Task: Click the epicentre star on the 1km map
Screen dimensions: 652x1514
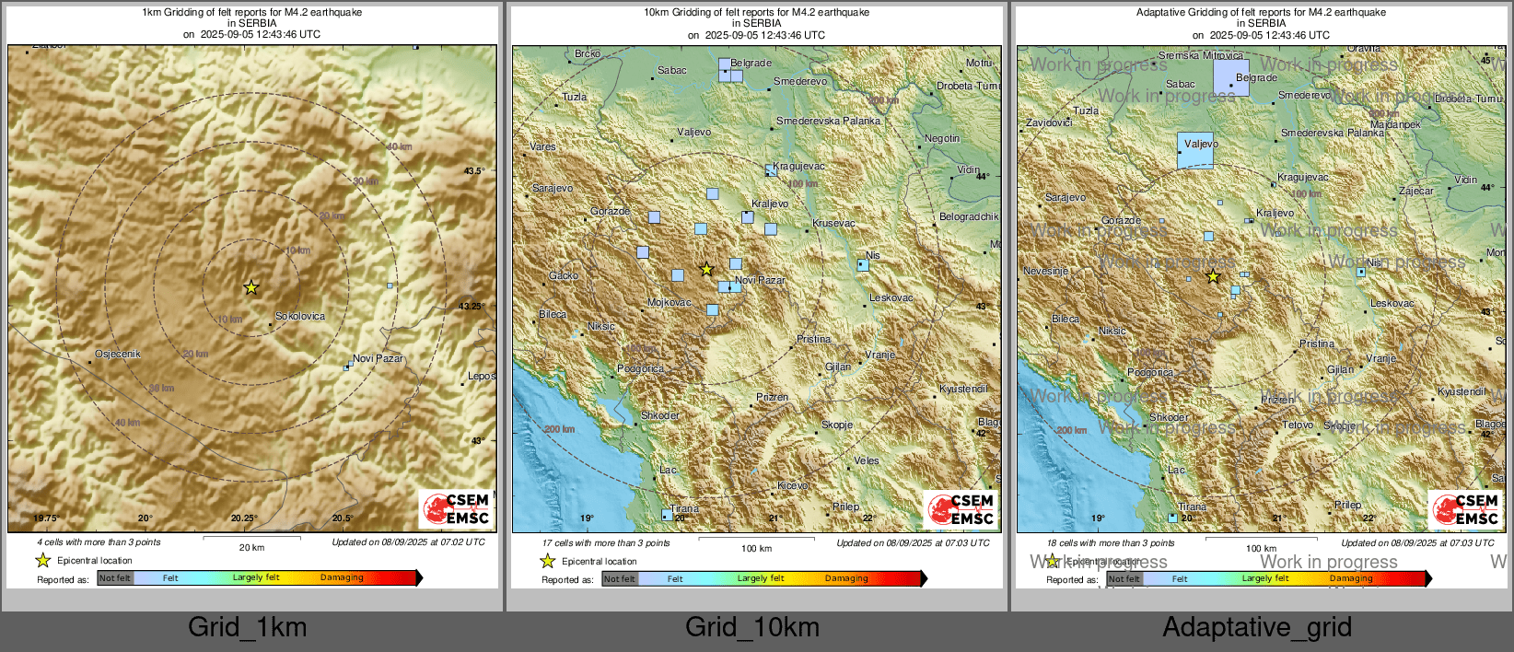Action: coord(250,287)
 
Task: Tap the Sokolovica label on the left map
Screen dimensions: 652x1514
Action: coord(300,316)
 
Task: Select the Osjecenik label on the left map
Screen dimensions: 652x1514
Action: coord(118,354)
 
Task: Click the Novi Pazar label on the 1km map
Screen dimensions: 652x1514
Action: coord(378,358)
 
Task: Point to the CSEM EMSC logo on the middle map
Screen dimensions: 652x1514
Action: coord(961,509)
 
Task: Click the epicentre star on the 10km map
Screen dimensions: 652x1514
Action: coord(706,269)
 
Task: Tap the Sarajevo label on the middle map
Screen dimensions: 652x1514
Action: coord(553,188)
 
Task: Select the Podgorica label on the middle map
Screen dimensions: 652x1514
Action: coord(640,368)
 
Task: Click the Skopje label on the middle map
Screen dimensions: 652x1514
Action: coord(837,425)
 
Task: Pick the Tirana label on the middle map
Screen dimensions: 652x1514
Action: coord(684,508)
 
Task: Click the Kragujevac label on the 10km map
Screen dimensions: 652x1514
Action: coord(799,166)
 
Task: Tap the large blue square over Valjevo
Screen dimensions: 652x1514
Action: coord(1195,150)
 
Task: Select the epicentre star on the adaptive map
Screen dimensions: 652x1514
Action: coord(1213,276)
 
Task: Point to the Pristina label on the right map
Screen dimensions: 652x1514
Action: coord(1317,343)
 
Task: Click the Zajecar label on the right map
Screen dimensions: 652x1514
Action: coord(1416,191)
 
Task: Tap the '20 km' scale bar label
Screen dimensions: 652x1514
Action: coord(251,547)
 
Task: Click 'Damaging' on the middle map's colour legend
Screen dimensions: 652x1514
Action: coord(846,578)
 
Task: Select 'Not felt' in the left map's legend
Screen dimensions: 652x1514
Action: coord(115,578)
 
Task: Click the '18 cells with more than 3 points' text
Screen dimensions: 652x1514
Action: coord(1110,542)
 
